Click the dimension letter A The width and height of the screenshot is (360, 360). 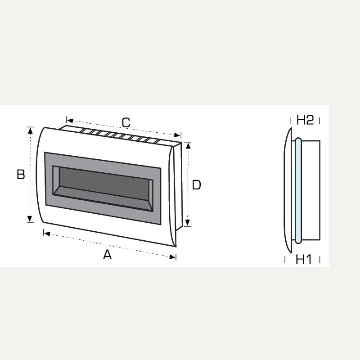pos(107,255)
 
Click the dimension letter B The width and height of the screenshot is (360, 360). pos(21,174)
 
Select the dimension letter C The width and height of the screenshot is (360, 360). pos(126,122)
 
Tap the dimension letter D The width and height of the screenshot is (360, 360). pos(196,184)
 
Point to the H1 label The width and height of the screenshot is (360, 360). pos(304,259)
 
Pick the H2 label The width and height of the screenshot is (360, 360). pos(305,120)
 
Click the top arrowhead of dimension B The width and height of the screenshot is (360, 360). pos(30,130)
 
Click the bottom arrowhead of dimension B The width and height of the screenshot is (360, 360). pos(30,219)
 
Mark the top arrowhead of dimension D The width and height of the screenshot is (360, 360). pos(188,145)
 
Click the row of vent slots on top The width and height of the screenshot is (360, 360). pos(121,135)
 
